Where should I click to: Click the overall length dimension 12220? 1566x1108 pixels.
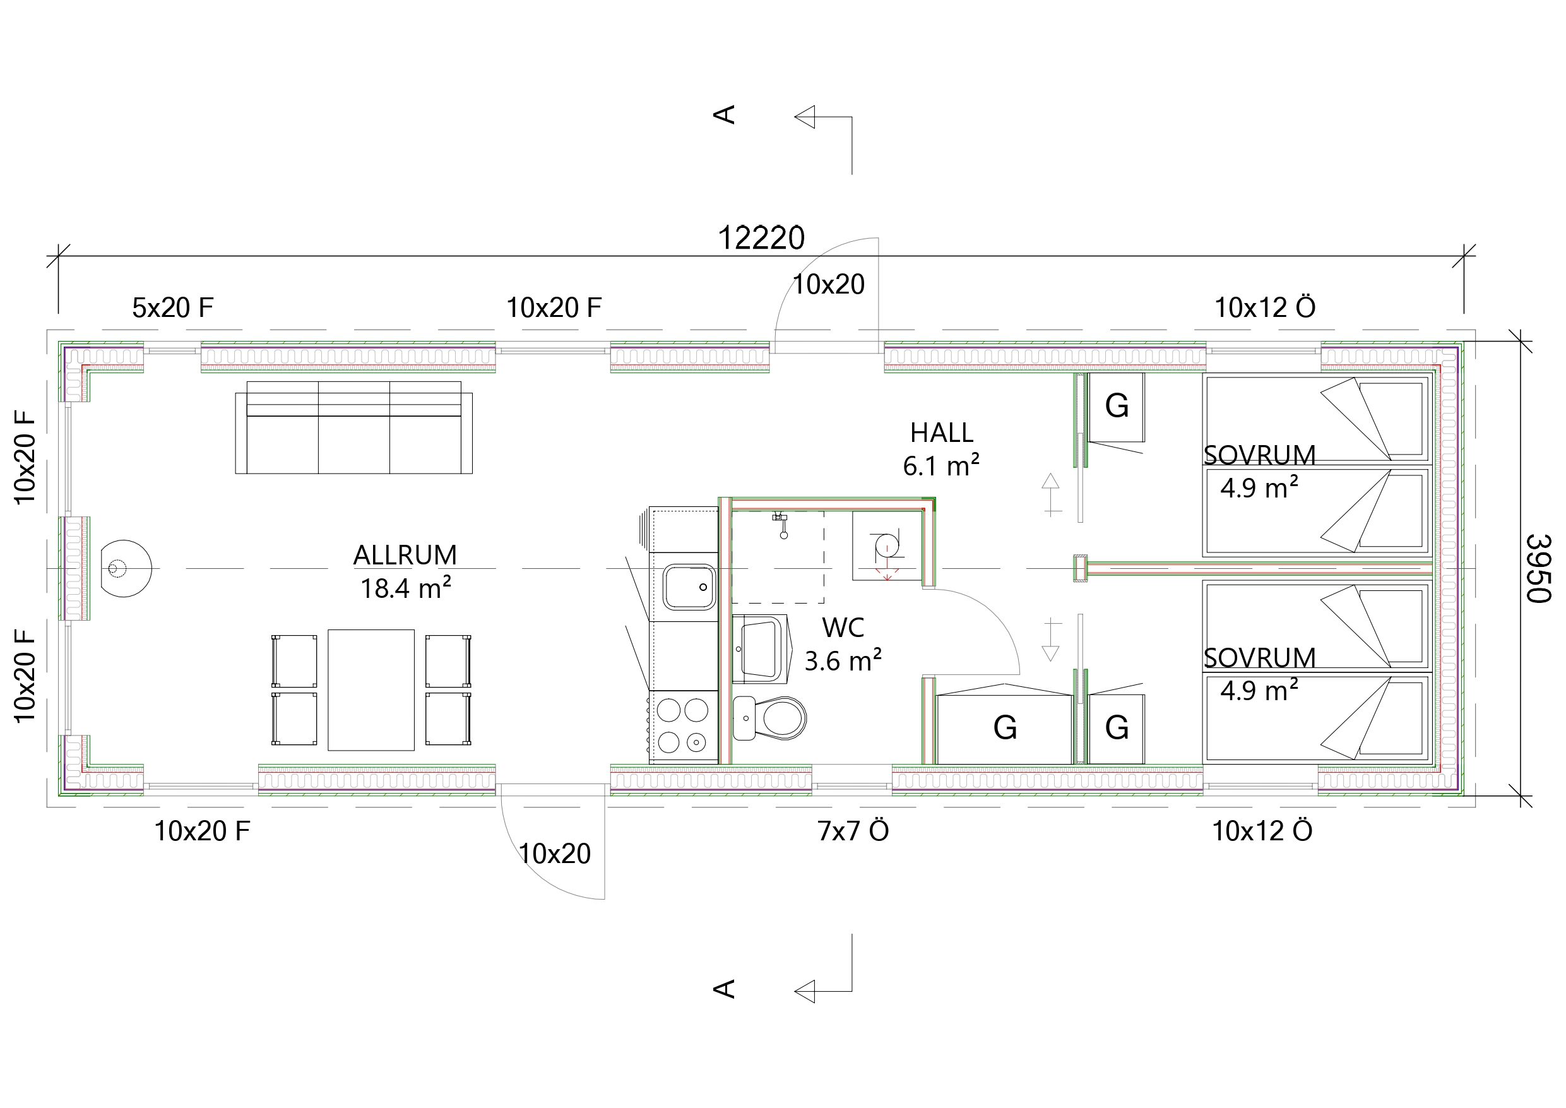pyautogui.click(x=761, y=238)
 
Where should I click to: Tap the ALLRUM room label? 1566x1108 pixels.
pyautogui.click(x=405, y=556)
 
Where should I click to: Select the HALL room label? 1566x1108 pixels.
pyautogui.click(x=941, y=432)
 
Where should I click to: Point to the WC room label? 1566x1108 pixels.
pyautogui.click(x=843, y=628)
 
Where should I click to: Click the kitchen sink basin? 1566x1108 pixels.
pyautogui.click(x=689, y=587)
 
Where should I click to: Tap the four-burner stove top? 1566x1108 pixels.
pyautogui.click(x=683, y=726)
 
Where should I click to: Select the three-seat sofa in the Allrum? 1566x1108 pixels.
pyautogui.click(x=353, y=427)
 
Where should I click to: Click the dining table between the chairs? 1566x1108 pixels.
pyautogui.click(x=371, y=690)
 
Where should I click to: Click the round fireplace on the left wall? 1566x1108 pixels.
pyautogui.click(x=126, y=568)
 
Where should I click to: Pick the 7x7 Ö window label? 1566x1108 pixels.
pyautogui.click(x=853, y=831)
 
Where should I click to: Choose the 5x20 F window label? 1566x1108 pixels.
pyautogui.click(x=172, y=307)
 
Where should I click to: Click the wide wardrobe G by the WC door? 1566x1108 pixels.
pyautogui.click(x=1005, y=729)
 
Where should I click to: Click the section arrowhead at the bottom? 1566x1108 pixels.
pyautogui.click(x=805, y=991)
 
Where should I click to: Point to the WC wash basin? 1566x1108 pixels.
pyautogui.click(x=761, y=648)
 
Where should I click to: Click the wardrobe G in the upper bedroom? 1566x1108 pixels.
pyautogui.click(x=1117, y=407)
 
